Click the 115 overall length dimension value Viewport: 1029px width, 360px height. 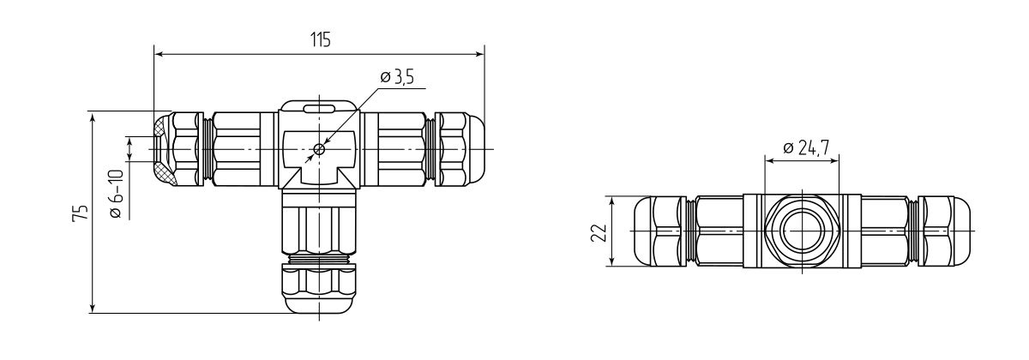coord(319,40)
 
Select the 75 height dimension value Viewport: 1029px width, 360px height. coord(80,214)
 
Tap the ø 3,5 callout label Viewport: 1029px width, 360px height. coord(396,78)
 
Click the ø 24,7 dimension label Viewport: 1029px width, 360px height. coord(805,148)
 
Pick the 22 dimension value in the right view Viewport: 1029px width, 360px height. coord(600,232)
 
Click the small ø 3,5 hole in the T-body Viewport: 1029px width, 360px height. coord(319,149)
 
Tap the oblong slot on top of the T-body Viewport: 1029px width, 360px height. coord(319,108)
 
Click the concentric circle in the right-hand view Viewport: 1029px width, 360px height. coord(801,232)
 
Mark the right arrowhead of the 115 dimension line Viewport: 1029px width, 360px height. coord(479,53)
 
